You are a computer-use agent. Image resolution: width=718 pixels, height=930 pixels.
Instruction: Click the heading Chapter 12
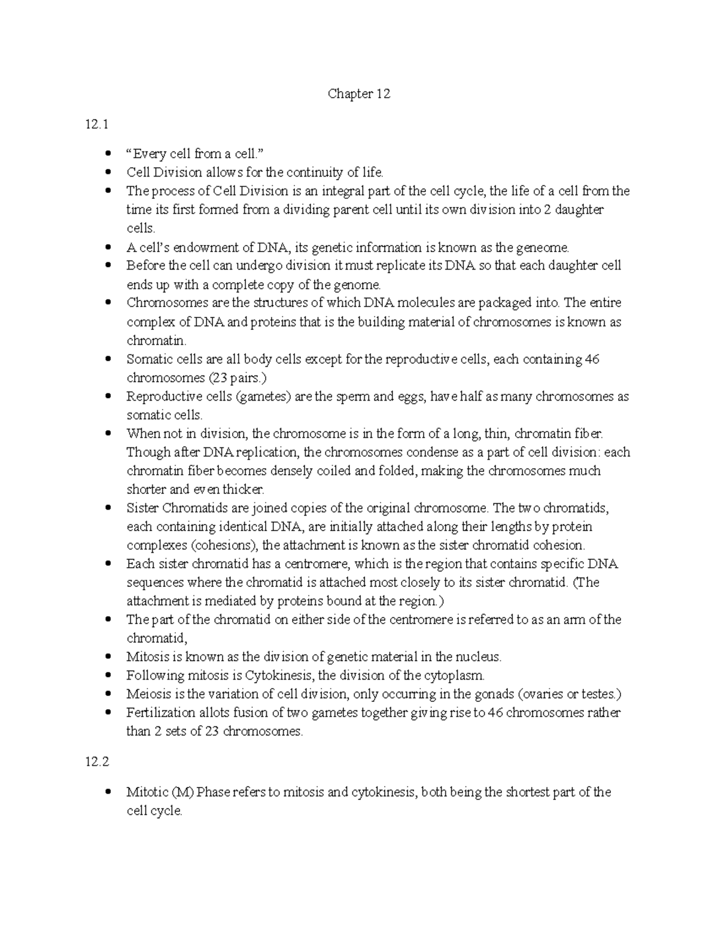coord(358,94)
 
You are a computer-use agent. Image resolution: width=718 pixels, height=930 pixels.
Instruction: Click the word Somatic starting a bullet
coord(147,359)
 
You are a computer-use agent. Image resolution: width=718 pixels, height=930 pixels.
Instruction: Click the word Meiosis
coord(147,694)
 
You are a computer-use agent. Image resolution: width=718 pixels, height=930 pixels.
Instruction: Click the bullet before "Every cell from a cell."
coord(108,154)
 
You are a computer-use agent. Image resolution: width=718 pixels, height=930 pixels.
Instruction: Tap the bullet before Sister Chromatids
coord(108,508)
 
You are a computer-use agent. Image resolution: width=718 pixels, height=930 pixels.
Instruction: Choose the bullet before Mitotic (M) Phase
coord(108,792)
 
